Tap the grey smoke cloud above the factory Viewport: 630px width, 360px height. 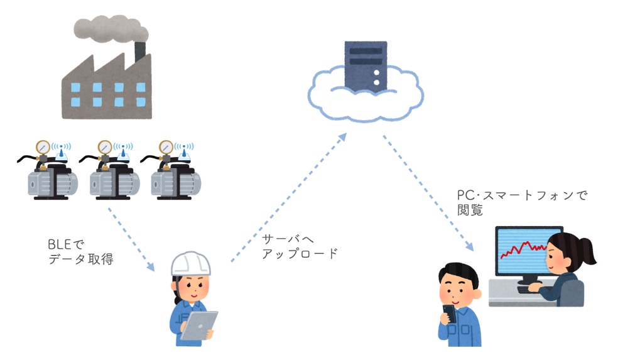pyautogui.click(x=110, y=28)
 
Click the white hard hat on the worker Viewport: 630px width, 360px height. pyautogui.click(x=191, y=265)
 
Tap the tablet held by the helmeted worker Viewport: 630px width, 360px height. pyautogui.click(x=199, y=325)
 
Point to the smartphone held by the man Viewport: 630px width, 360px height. pyautogui.click(x=449, y=313)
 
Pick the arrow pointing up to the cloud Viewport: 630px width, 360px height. pyautogui.click(x=289, y=197)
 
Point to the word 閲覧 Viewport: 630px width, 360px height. pyautogui.click(x=470, y=210)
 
